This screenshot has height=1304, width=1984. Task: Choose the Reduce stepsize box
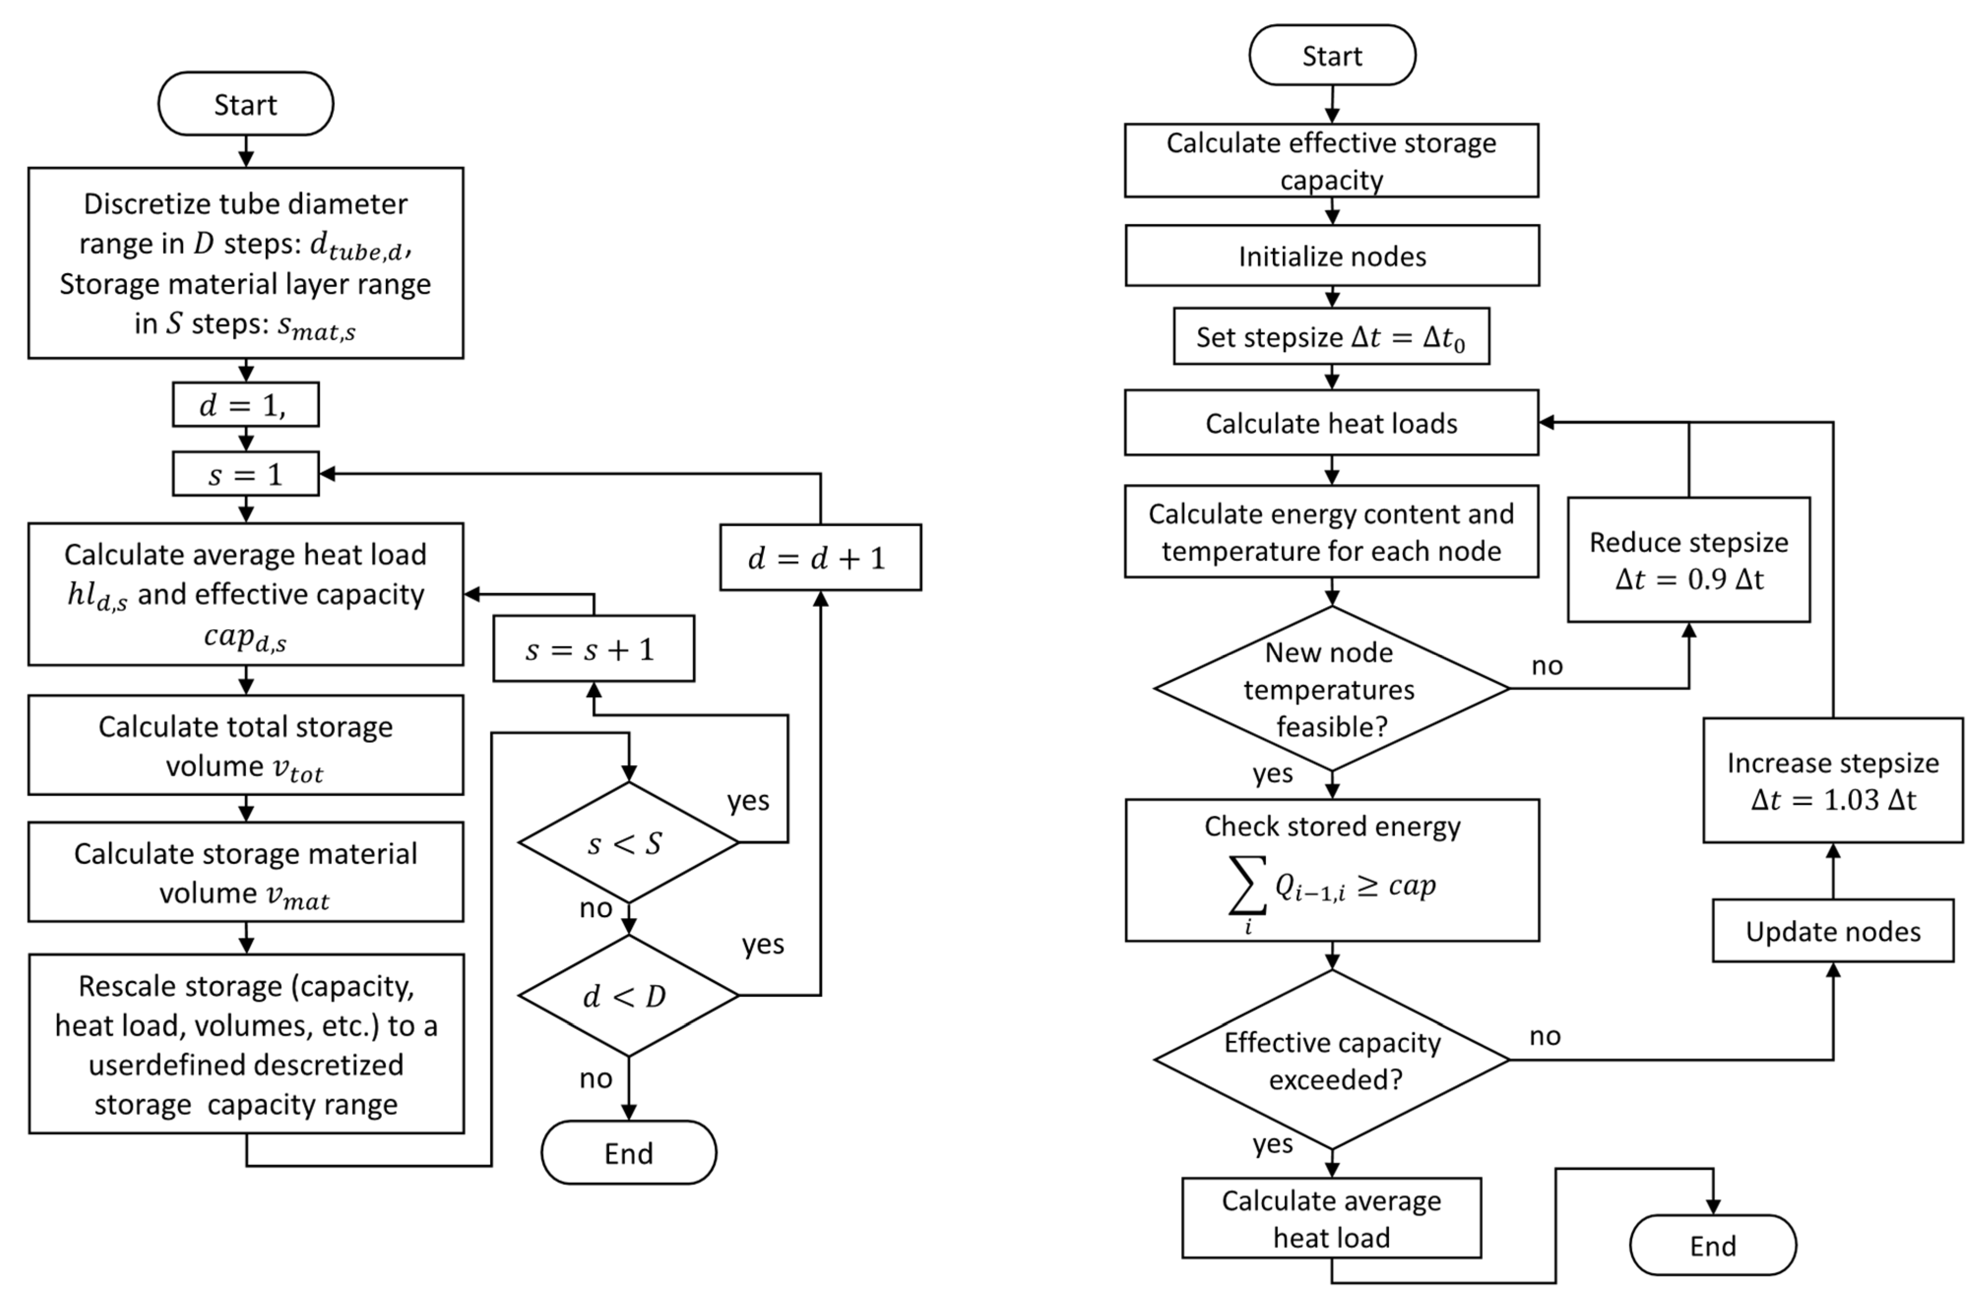point(1688,559)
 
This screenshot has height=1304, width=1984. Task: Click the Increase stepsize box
point(1832,780)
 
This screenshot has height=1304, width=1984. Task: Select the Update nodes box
point(1832,930)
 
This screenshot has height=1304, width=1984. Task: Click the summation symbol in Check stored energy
point(1248,886)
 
